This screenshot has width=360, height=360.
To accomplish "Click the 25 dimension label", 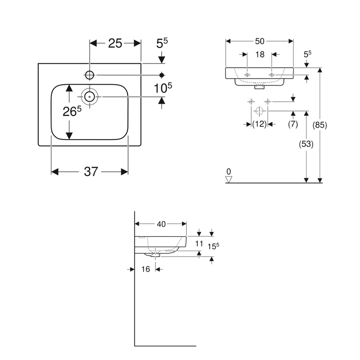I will pyautogui.click(x=115, y=43).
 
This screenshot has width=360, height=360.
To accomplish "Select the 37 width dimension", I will pyautogui.click(x=91, y=172).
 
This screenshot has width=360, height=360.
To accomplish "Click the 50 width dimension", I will pyautogui.click(x=260, y=41).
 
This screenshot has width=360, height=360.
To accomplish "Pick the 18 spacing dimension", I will pyautogui.click(x=260, y=54).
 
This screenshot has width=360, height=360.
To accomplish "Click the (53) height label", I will pyautogui.click(x=306, y=144).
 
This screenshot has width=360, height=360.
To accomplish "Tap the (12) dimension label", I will pyautogui.click(x=259, y=124).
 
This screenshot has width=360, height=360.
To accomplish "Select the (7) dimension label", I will pyautogui.click(x=293, y=124).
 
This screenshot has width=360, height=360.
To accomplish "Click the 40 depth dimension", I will pyautogui.click(x=161, y=224).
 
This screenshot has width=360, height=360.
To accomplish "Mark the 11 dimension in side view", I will pyautogui.click(x=199, y=243).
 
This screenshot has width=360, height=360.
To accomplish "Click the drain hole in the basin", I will pyautogui.click(x=89, y=96).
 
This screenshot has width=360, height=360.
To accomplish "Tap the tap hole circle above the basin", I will pyautogui.click(x=89, y=75).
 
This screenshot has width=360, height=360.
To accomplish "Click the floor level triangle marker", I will pyautogui.click(x=229, y=179).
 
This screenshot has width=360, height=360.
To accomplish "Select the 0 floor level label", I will pyautogui.click(x=229, y=171).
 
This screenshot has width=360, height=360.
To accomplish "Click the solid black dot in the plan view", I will pyautogui.click(x=162, y=75).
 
